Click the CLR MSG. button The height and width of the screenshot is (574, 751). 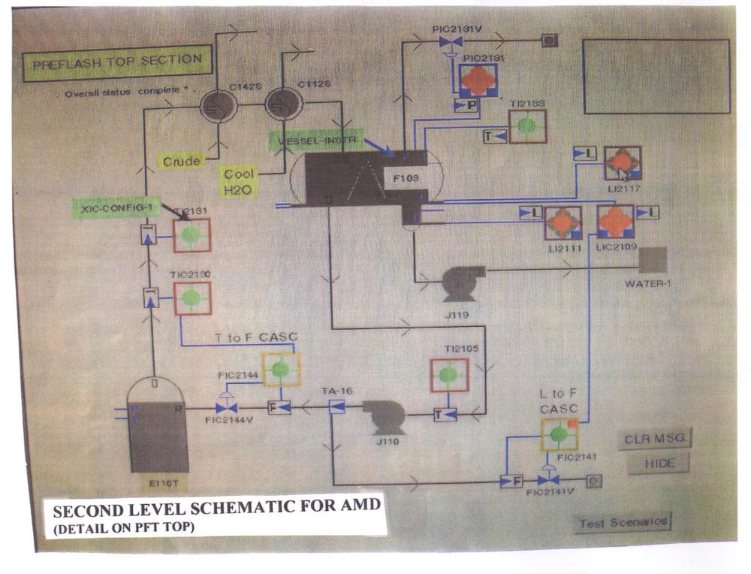[x=655, y=439]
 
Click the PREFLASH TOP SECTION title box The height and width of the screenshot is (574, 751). [x=117, y=64]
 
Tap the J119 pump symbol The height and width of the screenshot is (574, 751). [x=457, y=284]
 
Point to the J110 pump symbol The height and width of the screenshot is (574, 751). [x=385, y=415]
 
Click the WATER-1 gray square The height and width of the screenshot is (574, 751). [x=653, y=261]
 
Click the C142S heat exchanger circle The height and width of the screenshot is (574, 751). [x=219, y=106]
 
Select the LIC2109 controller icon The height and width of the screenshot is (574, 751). [x=616, y=222]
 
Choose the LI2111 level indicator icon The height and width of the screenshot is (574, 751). [x=562, y=223]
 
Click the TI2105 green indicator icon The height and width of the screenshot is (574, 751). [x=449, y=374]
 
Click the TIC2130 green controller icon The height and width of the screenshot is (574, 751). [x=192, y=298]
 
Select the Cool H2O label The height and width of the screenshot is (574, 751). [x=240, y=183]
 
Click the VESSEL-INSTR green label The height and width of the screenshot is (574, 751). [x=316, y=140]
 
